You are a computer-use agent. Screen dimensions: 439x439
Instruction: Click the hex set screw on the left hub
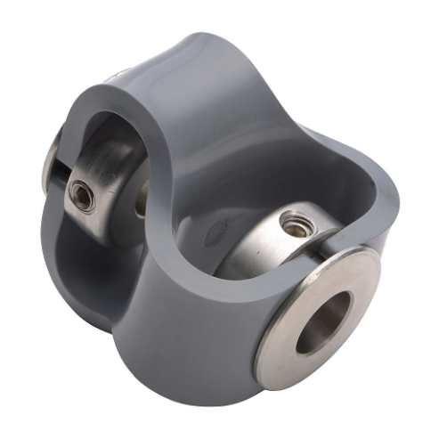point(82,196)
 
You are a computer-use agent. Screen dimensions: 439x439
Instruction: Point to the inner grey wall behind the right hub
point(267,178)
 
